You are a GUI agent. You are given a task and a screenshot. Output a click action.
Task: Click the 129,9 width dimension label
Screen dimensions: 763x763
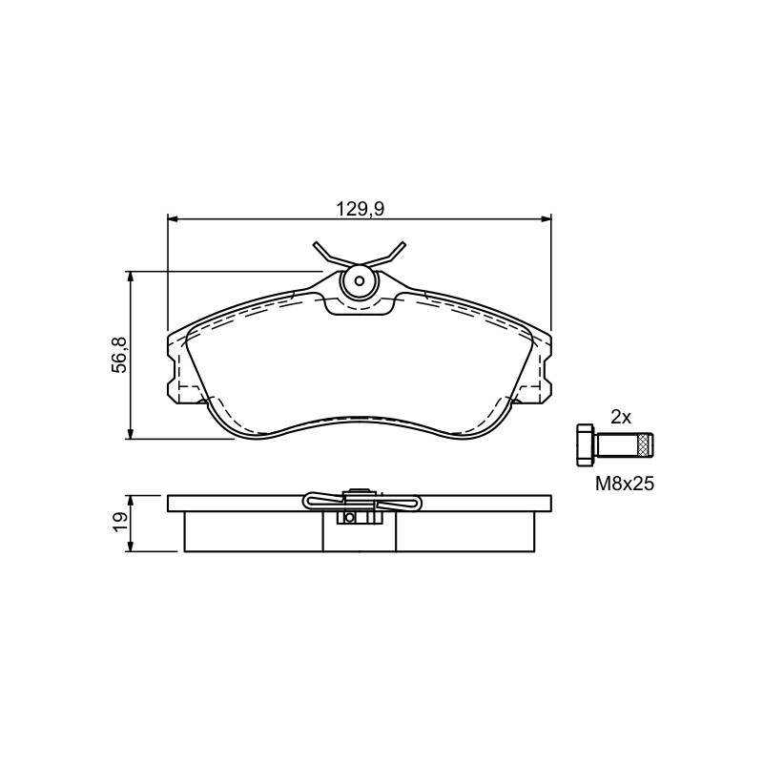pos(361,209)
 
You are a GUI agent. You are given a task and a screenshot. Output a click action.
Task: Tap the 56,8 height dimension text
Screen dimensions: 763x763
pos(120,355)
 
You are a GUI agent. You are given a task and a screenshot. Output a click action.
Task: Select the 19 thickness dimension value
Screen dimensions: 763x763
pos(121,523)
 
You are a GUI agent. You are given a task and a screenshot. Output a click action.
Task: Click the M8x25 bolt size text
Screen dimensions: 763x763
pos(625,484)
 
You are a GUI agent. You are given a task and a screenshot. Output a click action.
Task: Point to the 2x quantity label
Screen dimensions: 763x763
pos(621,417)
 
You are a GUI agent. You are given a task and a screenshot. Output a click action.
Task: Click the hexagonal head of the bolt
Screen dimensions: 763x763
pos(585,445)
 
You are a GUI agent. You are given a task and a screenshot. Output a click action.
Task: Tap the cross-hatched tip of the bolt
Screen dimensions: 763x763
pos(647,445)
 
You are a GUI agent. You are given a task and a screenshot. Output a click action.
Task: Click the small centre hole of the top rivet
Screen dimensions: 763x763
pos(360,280)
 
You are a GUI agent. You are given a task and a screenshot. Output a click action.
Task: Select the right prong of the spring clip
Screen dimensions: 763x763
pos(392,254)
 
